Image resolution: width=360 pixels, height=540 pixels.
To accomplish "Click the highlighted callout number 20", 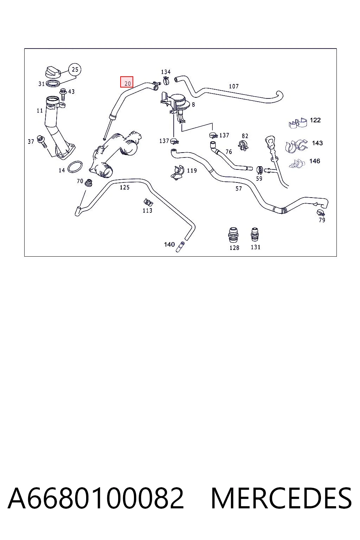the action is [x=127, y=82].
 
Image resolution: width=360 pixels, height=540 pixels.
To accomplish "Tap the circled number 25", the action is [x=75, y=70].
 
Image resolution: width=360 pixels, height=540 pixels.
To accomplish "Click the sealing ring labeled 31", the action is [x=53, y=84].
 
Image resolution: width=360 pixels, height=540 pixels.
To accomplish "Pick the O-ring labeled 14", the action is [x=75, y=167].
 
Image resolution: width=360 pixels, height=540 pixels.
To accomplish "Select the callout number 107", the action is [x=234, y=86].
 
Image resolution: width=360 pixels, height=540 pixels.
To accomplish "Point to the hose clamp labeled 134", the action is [x=166, y=80].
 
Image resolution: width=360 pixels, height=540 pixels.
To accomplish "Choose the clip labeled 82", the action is [x=243, y=145].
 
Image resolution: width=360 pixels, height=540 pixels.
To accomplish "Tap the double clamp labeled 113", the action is [x=148, y=202].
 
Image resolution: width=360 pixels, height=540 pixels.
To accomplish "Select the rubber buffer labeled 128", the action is [x=233, y=235].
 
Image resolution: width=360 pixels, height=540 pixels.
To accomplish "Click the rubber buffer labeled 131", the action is [x=255, y=234].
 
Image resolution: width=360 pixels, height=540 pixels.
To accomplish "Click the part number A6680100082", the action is [x=96, y=498].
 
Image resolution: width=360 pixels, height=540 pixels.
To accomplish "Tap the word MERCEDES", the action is [x=281, y=498].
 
